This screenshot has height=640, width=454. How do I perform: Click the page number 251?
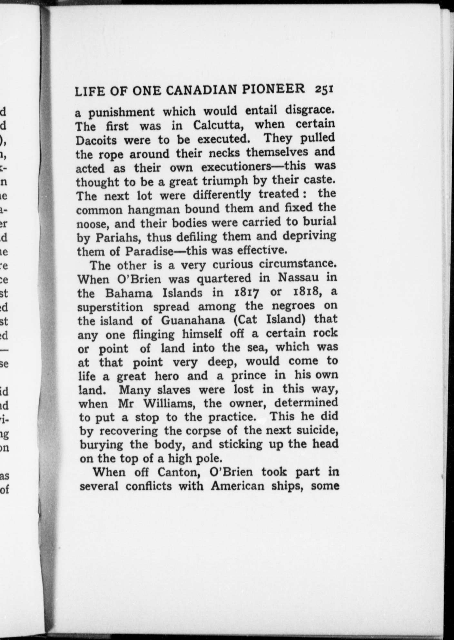(324, 89)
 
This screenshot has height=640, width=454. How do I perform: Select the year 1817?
(246, 292)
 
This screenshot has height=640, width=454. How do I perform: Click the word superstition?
(110, 307)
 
